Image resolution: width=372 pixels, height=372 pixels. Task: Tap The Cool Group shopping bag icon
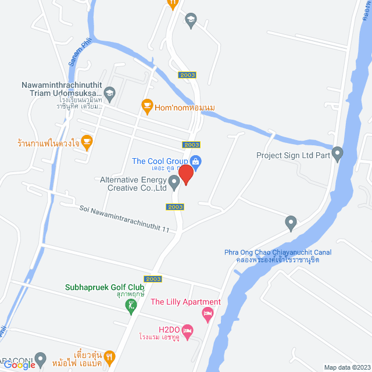(196, 162)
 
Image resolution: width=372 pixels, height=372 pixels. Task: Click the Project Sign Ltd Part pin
(338, 155)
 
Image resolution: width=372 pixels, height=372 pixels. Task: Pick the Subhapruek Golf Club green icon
(132, 304)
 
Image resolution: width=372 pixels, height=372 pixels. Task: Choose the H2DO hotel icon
(187, 331)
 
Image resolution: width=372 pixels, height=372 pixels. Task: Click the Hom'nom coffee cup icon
(146, 105)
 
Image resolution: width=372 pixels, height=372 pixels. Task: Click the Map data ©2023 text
(347, 367)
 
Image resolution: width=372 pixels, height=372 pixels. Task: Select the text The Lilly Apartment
(185, 302)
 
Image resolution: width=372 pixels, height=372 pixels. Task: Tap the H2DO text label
(166, 328)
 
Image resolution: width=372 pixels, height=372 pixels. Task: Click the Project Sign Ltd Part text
(294, 155)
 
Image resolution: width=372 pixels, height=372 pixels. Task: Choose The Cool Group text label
(160, 161)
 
